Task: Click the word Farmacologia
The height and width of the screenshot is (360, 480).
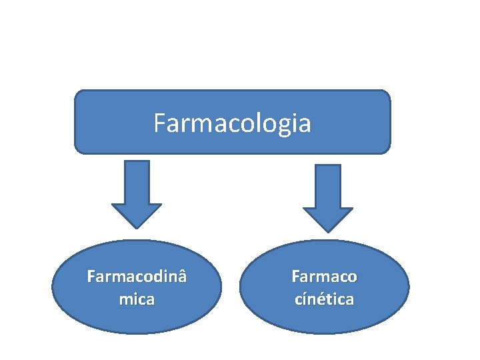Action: click(x=232, y=123)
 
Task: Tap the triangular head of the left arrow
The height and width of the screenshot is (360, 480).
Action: click(x=136, y=215)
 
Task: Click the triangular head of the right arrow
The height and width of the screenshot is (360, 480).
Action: click(x=328, y=218)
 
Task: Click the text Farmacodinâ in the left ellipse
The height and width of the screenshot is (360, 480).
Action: click(x=137, y=276)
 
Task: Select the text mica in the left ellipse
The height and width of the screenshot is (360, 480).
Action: click(x=137, y=299)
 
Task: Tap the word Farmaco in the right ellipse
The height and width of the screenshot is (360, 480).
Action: click(x=324, y=276)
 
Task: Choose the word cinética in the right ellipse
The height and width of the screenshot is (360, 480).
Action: click(x=324, y=299)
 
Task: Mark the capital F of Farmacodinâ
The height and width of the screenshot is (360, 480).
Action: click(x=91, y=276)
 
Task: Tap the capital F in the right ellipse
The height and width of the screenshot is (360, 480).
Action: click(x=295, y=276)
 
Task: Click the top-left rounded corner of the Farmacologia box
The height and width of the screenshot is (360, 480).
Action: click(x=79, y=95)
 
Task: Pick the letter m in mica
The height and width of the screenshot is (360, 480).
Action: click(x=125, y=300)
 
